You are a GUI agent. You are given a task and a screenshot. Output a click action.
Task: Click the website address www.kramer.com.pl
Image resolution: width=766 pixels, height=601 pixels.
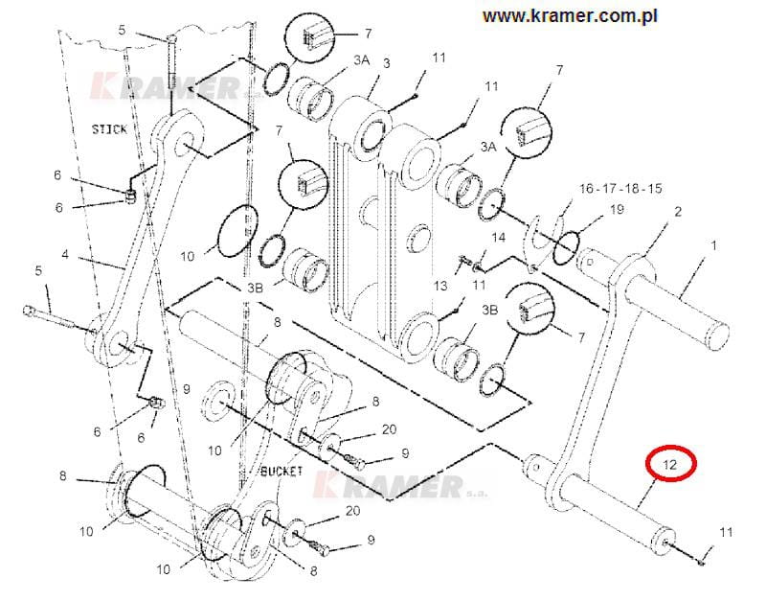570,16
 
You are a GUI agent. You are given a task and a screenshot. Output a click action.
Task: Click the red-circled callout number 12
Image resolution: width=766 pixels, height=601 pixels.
670,464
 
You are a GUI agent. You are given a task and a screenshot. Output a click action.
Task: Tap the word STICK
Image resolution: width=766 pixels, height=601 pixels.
109,129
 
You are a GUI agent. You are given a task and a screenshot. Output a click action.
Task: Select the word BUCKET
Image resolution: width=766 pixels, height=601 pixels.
282,471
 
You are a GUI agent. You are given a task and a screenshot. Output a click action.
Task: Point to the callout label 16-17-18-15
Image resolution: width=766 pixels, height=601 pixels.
620,188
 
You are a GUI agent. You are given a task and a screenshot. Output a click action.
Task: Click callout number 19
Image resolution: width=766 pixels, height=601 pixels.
618,209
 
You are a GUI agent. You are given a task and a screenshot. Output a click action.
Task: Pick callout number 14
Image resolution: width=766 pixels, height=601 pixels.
498,238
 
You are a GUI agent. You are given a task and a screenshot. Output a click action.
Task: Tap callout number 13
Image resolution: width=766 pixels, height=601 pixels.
440,285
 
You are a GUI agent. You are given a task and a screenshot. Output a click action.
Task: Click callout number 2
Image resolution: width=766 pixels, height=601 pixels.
678,212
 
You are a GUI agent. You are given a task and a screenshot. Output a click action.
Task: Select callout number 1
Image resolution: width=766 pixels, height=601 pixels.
713,245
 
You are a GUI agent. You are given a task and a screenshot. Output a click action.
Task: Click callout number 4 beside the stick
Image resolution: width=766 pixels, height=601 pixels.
65,254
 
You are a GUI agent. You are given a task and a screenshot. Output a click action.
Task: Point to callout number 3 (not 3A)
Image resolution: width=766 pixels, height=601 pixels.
387,63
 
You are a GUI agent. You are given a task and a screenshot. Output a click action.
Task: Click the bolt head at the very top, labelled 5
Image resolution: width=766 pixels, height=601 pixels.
171,38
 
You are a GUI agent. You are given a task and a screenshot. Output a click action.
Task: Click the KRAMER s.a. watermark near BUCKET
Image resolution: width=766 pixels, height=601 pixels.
400,485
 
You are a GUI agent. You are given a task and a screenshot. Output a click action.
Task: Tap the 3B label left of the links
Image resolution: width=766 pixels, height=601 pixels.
255,288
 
